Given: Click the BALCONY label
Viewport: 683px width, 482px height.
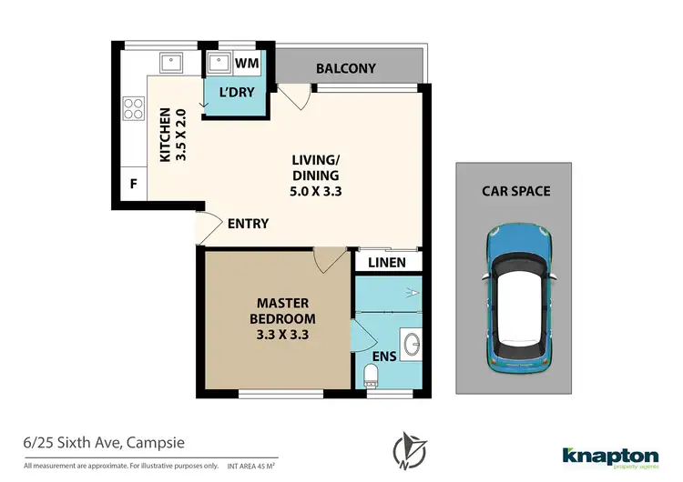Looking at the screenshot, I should pyautogui.click(x=345, y=68).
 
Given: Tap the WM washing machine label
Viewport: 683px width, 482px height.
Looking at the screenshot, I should pyautogui.click(x=246, y=64).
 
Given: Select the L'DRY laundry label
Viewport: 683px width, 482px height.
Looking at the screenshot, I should pyautogui.click(x=236, y=92).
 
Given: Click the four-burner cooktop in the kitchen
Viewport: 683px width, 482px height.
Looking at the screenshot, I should pyautogui.click(x=132, y=108).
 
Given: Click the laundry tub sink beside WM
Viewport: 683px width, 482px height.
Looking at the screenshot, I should pyautogui.click(x=219, y=64).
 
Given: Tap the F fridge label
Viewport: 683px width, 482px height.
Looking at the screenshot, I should pyautogui.click(x=133, y=185).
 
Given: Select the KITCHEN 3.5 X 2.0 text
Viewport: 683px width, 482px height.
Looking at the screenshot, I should pyautogui.click(x=172, y=135).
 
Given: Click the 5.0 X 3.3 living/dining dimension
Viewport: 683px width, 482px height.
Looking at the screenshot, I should pyautogui.click(x=316, y=192).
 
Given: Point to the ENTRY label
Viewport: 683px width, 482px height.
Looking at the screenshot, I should pyautogui.click(x=248, y=223).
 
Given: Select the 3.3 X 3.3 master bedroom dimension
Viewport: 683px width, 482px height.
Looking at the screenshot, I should pyautogui.click(x=286, y=336).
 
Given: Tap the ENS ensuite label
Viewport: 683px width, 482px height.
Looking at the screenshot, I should pyautogui.click(x=384, y=356).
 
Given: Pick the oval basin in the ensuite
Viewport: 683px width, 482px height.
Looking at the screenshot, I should pyautogui.click(x=410, y=343).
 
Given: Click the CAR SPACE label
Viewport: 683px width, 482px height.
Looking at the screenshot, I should pyautogui.click(x=516, y=191).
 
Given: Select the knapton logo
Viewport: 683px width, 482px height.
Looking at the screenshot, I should pyautogui.click(x=610, y=454).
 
